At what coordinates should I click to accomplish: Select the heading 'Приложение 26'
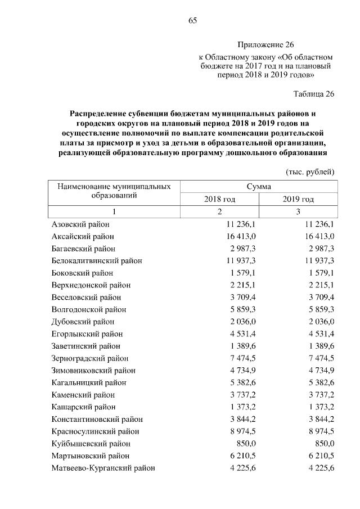[x=265, y=44]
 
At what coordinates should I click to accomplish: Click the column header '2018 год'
[x=219, y=199]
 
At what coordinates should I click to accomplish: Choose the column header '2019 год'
[x=298, y=199]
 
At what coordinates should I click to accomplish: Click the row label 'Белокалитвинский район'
[x=97, y=261]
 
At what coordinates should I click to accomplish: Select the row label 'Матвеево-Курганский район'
[x=103, y=468]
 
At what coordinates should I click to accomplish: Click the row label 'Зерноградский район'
[x=89, y=358]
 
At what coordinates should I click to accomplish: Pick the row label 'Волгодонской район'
[x=89, y=309]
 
